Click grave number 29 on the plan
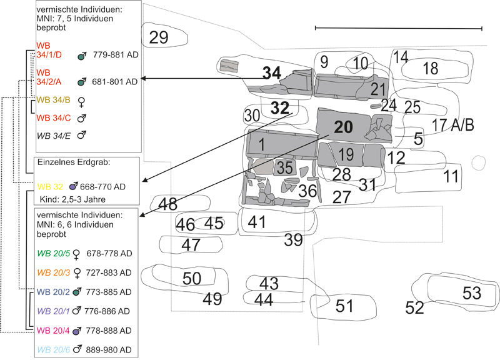(159, 37)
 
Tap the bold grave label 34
(272, 73)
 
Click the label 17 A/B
(453, 124)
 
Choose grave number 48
(167, 204)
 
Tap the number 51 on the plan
(344, 306)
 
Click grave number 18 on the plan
(431, 69)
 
